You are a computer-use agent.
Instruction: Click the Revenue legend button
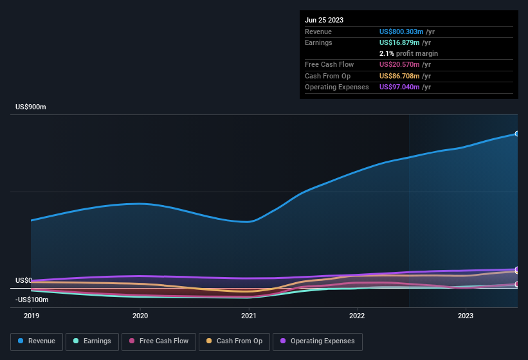[x=37, y=341]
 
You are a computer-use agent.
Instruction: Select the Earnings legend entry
[x=92, y=341]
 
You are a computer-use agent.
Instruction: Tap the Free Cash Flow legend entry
[x=159, y=341]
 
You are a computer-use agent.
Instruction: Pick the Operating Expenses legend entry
[x=318, y=341]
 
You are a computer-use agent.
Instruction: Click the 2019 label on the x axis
[x=32, y=316]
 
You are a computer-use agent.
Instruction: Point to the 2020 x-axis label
[x=140, y=316]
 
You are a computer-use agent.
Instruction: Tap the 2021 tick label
[x=249, y=316]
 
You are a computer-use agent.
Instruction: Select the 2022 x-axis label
[x=357, y=316]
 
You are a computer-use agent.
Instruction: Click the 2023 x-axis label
[x=466, y=316]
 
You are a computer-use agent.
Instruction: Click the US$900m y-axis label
[x=31, y=107]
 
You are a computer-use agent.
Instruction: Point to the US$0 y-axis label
[x=24, y=281]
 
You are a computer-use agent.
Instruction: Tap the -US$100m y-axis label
[x=32, y=300]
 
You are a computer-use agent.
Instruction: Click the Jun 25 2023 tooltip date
[x=324, y=20]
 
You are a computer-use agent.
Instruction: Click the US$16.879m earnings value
[x=399, y=42]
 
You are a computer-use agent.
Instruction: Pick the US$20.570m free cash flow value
[x=399, y=64]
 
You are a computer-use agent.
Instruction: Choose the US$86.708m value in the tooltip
[x=399, y=76]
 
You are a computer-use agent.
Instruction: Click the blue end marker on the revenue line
[x=517, y=134]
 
